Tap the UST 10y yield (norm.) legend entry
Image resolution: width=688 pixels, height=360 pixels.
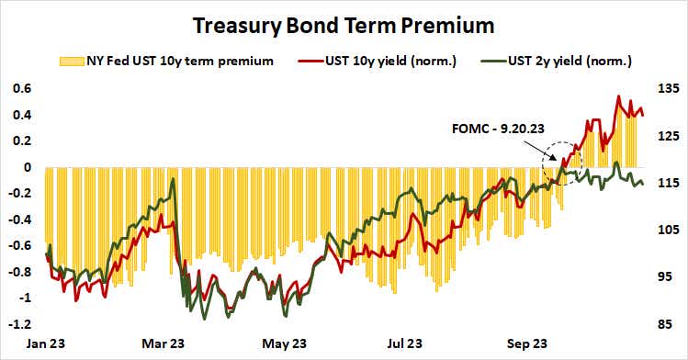tap(383, 62)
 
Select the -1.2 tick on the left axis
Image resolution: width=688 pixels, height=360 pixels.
tap(18, 324)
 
